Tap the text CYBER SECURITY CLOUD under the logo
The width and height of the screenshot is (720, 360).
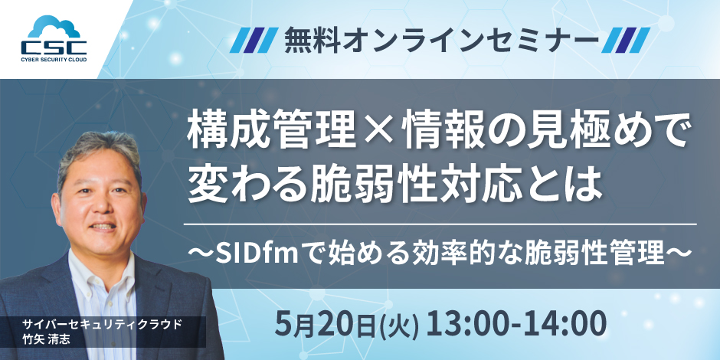54,59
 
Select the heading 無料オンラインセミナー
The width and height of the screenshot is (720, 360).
441,41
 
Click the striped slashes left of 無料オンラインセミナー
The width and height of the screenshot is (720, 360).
254,41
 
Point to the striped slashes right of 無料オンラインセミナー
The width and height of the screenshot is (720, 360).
626,41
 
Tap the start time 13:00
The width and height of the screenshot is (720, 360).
473,324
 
